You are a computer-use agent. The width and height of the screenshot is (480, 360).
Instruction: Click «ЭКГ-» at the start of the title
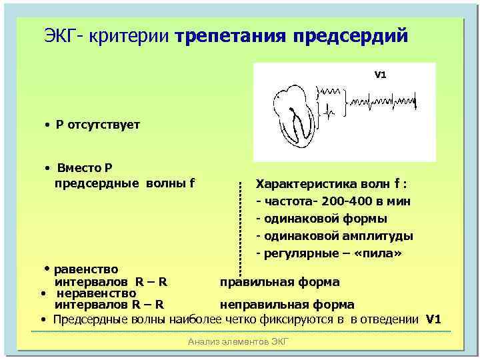tap(65, 35)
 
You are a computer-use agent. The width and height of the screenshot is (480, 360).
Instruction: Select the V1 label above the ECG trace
tap(380, 75)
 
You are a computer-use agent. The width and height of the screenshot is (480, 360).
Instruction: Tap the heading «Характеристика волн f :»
tap(333, 184)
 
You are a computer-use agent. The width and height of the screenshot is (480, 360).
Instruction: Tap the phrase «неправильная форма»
tap(287, 305)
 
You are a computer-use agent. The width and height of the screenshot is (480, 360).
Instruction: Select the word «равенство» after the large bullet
tap(86, 269)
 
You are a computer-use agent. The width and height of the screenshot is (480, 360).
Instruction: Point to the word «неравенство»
tap(97, 293)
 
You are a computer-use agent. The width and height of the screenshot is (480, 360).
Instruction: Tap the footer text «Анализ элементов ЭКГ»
tap(239, 342)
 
